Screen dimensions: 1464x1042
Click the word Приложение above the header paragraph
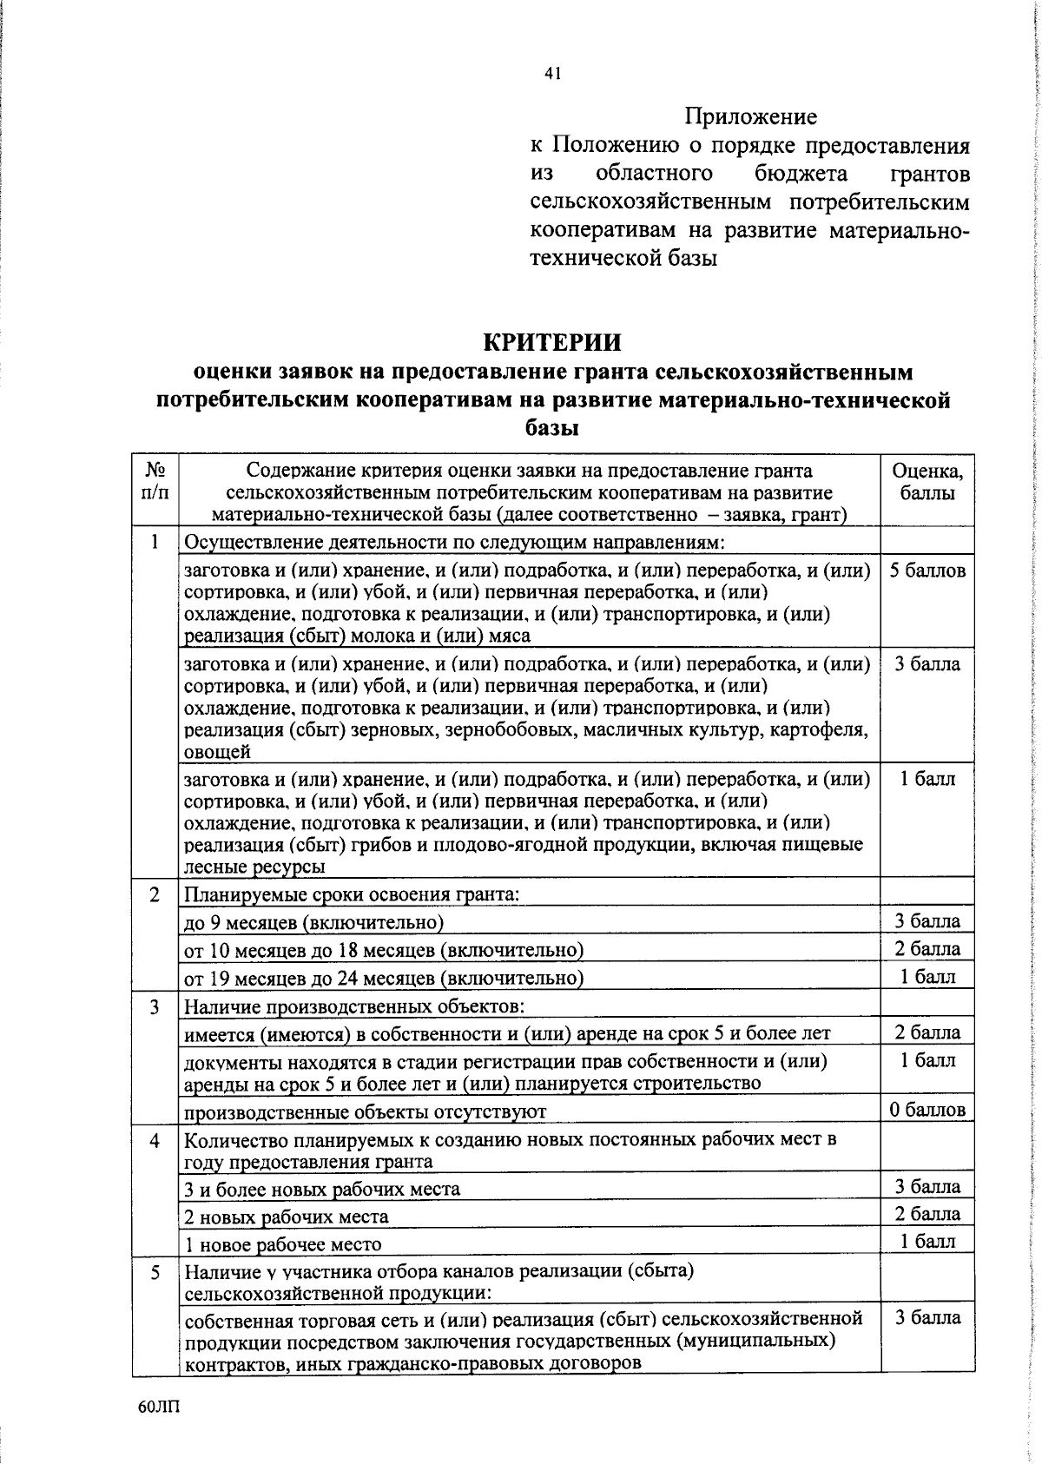pyautogui.click(x=750, y=116)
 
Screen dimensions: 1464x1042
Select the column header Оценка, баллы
pyautogui.click(x=927, y=482)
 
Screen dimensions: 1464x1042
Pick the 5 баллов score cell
pyautogui.click(x=927, y=570)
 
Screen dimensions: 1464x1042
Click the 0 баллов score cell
pyautogui.click(x=927, y=1110)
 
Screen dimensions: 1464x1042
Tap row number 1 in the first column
pyautogui.click(x=155, y=542)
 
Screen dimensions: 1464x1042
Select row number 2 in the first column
pyautogui.click(x=155, y=894)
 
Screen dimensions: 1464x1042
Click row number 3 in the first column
pyautogui.click(x=155, y=1007)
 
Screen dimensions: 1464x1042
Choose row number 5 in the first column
pyautogui.click(x=155, y=1273)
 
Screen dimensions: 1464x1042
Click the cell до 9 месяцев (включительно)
pyautogui.click(x=314, y=922)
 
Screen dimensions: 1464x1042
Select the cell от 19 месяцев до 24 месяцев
pyautogui.click(x=383, y=979)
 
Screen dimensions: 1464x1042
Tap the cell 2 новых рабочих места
pyautogui.click(x=287, y=1217)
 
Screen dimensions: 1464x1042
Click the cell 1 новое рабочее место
pyautogui.click(x=283, y=1244)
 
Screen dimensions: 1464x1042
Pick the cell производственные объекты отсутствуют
pyautogui.click(x=365, y=1111)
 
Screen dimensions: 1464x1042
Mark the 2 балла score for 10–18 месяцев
pyautogui.click(x=927, y=948)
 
